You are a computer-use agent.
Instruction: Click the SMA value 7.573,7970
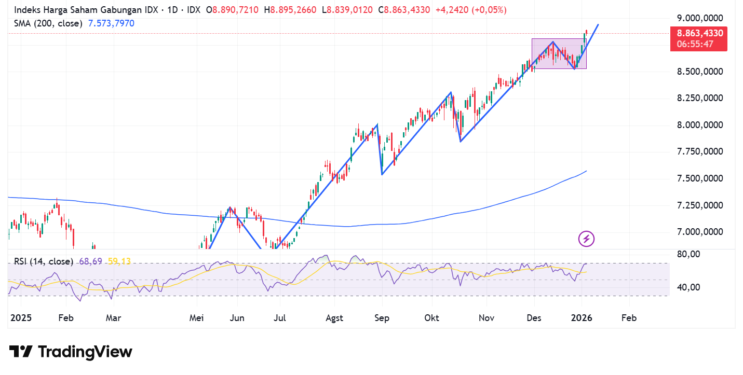(x=112, y=23)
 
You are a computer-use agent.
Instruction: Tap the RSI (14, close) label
(x=43, y=261)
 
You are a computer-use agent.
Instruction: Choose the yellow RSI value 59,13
(x=119, y=261)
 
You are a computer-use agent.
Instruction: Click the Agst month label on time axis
(x=335, y=318)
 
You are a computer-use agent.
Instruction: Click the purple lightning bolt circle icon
(x=586, y=239)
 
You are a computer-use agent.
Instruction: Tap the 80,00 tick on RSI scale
(x=689, y=255)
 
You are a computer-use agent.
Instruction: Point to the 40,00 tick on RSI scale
(x=689, y=287)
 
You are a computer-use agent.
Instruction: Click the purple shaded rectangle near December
(x=559, y=53)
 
